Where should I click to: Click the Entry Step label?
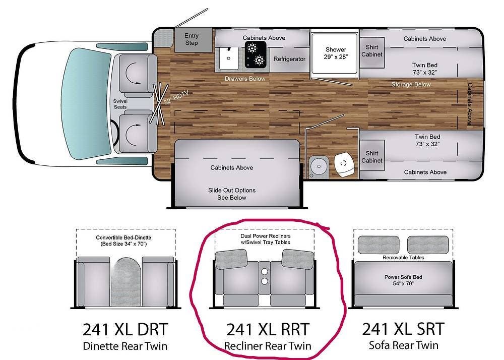191,39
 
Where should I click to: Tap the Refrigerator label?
289,59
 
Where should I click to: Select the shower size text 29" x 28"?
336,57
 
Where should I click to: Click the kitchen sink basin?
229,58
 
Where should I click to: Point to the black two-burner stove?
256,54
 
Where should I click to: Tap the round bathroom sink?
319,166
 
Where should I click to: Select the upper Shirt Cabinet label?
372,51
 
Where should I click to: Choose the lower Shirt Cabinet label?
372,157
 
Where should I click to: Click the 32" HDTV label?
176,98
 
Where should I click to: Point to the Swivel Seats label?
120,104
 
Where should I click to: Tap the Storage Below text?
411,85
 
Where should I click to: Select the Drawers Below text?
245,79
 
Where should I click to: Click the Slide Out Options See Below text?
232,194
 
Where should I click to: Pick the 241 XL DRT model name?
125,329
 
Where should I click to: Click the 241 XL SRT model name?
403,329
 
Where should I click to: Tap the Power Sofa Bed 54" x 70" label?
403,280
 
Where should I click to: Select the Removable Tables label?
403,258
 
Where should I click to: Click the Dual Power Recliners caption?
266,236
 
